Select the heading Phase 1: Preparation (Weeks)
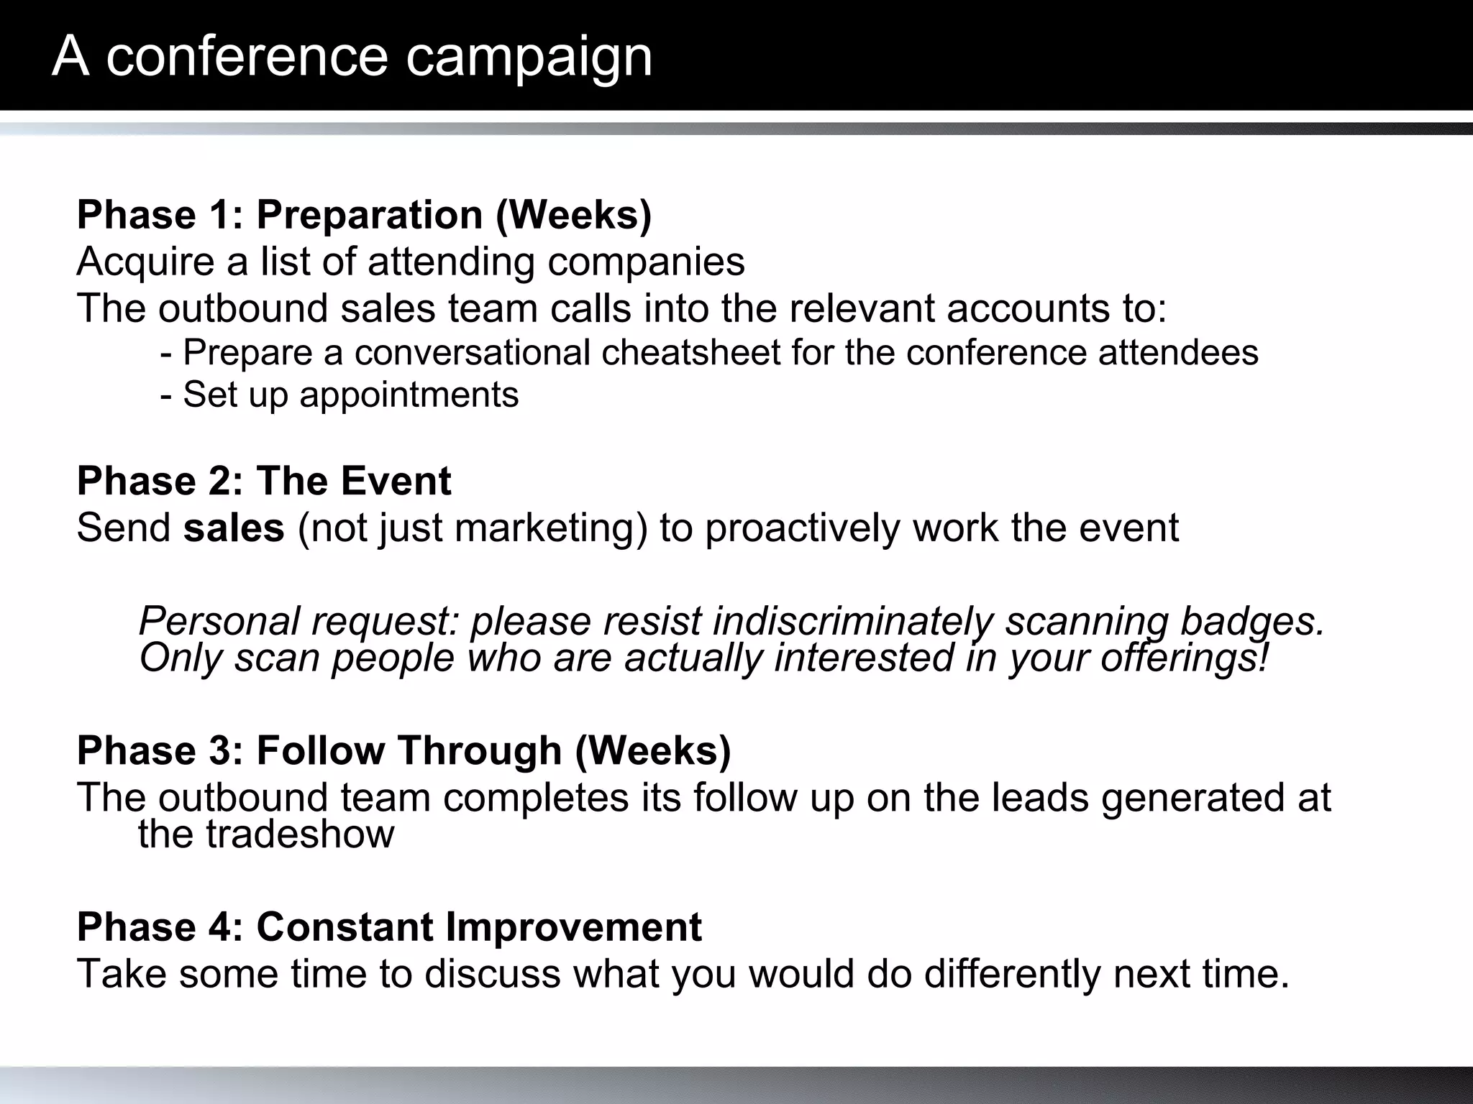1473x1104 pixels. click(364, 215)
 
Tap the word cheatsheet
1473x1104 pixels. click(690, 353)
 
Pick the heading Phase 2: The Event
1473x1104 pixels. click(264, 481)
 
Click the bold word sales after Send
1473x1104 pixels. click(234, 528)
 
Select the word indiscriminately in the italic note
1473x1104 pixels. click(852, 621)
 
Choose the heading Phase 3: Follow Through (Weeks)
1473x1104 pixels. click(403, 750)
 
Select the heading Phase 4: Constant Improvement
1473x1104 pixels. click(389, 926)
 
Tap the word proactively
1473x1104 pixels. click(802, 528)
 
